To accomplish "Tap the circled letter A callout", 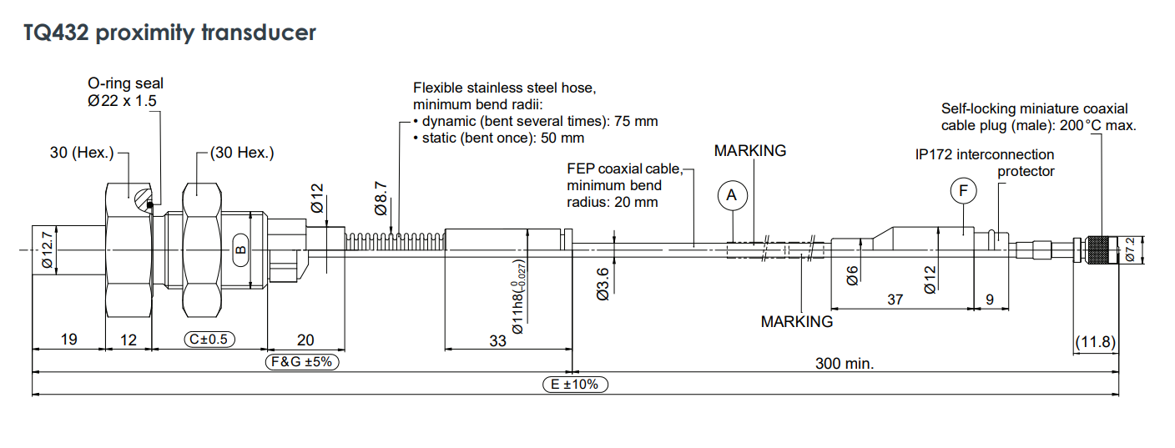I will tap(732, 195).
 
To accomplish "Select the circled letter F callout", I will tap(963, 191).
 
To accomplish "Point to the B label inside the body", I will tap(240, 249).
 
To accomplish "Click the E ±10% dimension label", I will tap(575, 385).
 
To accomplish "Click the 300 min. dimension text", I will tap(844, 363).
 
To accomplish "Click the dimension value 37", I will tap(895, 300).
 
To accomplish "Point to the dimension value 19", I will tap(68, 340).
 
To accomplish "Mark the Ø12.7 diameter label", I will tap(47, 249).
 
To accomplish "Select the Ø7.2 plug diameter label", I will tap(1130, 249).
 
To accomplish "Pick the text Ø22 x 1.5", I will tap(123, 100).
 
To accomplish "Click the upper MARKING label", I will tap(749, 151).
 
